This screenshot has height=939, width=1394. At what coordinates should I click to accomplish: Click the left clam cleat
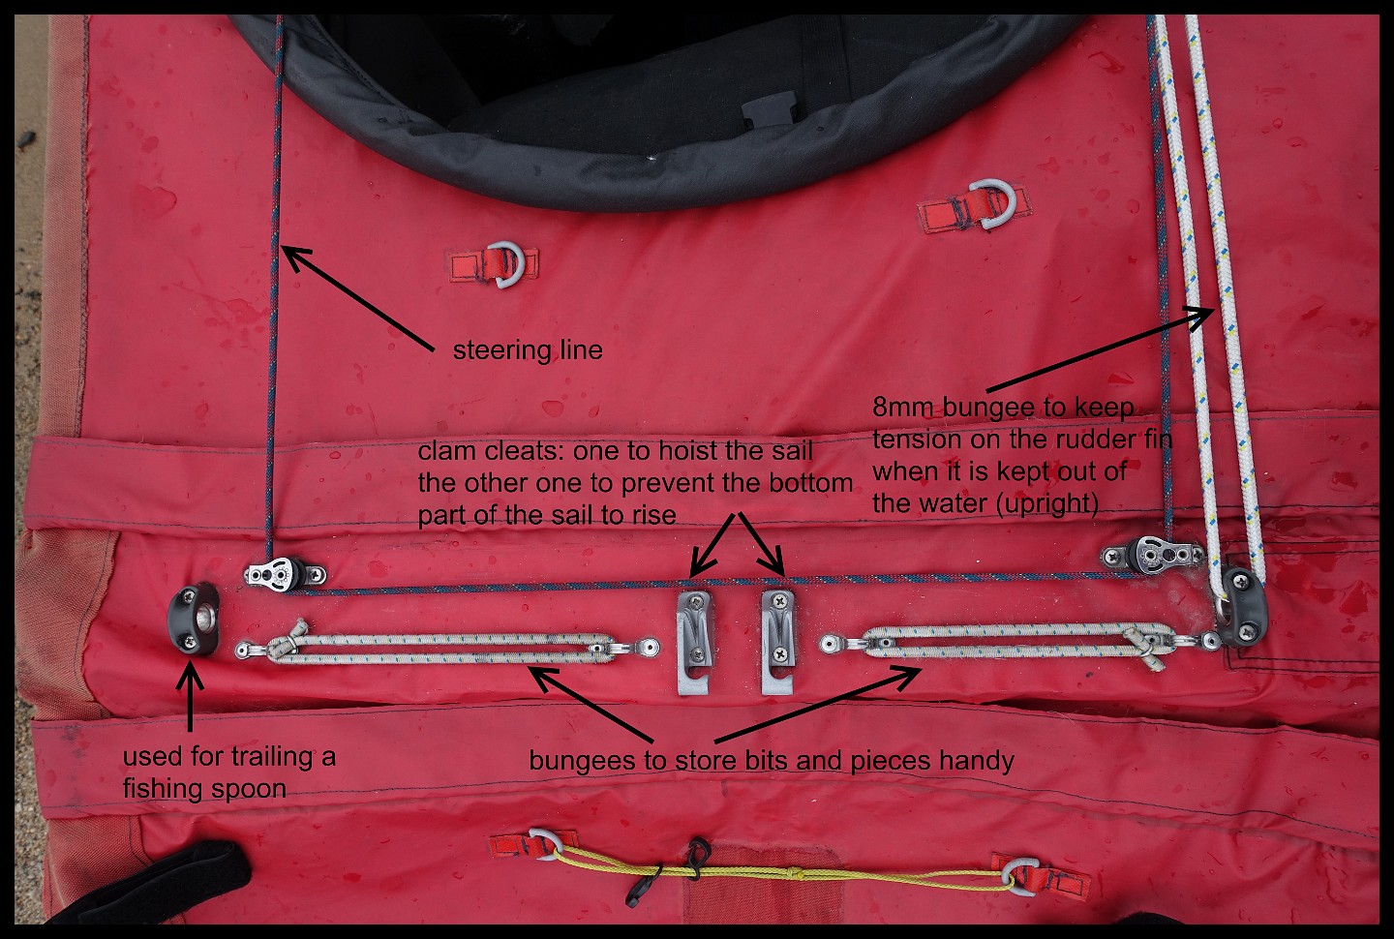[695, 642]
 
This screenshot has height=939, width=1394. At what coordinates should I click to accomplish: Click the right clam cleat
[778, 642]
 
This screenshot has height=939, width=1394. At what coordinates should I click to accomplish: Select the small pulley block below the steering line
[285, 572]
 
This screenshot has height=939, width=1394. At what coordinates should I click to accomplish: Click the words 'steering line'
[528, 350]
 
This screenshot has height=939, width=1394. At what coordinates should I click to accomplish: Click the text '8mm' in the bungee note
[903, 408]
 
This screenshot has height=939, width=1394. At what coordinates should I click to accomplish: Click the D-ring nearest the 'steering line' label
[508, 264]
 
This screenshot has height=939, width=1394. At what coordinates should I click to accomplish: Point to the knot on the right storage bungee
[1144, 648]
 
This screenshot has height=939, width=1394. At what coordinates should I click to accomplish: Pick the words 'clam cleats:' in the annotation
[490, 451]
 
